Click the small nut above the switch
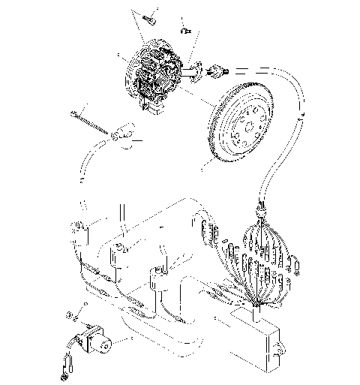[x=69, y=314]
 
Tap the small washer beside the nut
[x=84, y=305]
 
